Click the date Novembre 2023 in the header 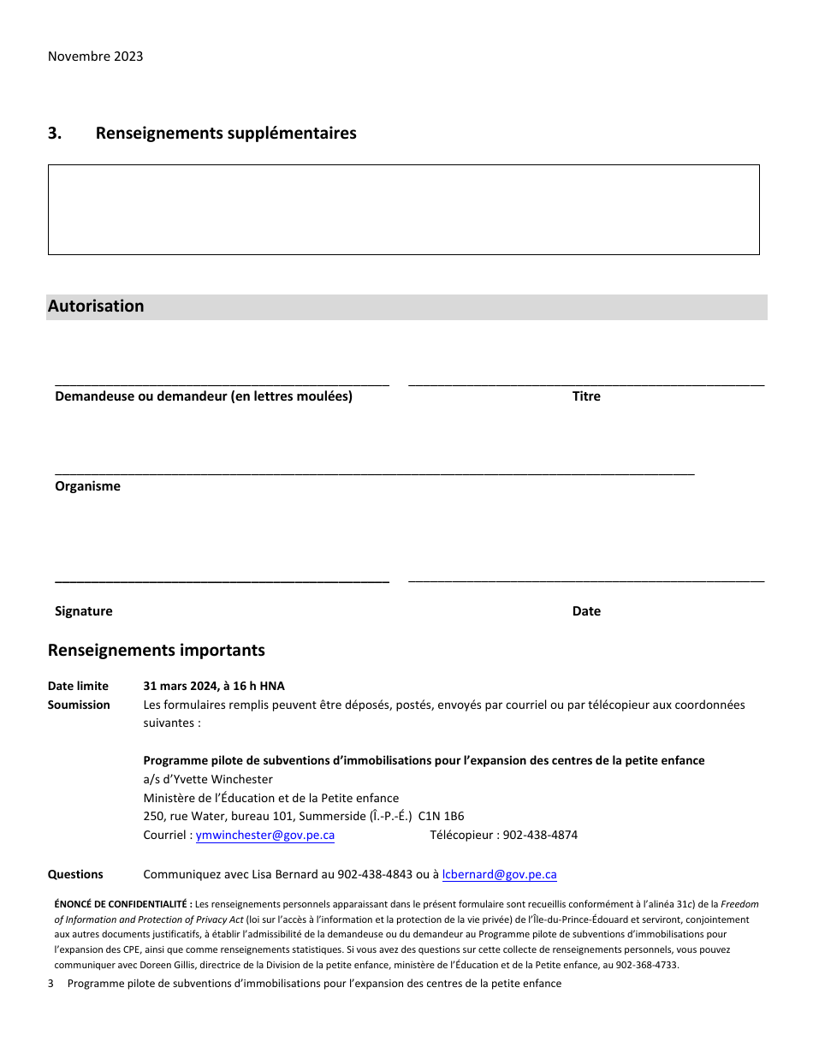95,57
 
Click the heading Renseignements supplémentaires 226,134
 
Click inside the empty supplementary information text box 403,210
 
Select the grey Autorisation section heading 96,306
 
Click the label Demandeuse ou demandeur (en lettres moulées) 204,396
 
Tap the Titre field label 586,396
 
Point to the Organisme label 87,486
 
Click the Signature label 83,611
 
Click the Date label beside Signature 586,611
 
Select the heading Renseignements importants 157,651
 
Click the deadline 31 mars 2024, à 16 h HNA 214,686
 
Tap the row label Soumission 79,705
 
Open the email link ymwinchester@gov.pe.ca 265,835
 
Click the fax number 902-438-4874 540,835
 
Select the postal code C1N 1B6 441,816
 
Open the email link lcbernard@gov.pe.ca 500,874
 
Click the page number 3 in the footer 50,984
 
